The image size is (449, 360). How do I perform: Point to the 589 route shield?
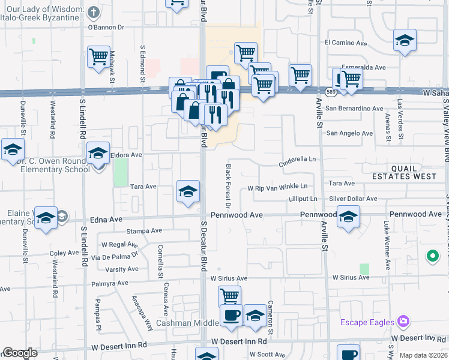coord(331,91)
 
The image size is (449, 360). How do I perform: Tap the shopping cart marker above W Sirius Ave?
coord(229,296)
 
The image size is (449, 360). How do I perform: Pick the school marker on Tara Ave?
coord(188,191)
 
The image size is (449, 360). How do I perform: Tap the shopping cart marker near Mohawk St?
coord(98,58)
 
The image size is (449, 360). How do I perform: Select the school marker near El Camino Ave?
coord(405,41)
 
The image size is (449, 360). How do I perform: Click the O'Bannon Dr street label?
coord(106,27)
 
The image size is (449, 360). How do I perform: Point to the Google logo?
coord(20,353)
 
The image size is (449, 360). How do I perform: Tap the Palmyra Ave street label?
coord(110,283)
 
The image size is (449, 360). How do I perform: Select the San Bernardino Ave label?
coord(354,109)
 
